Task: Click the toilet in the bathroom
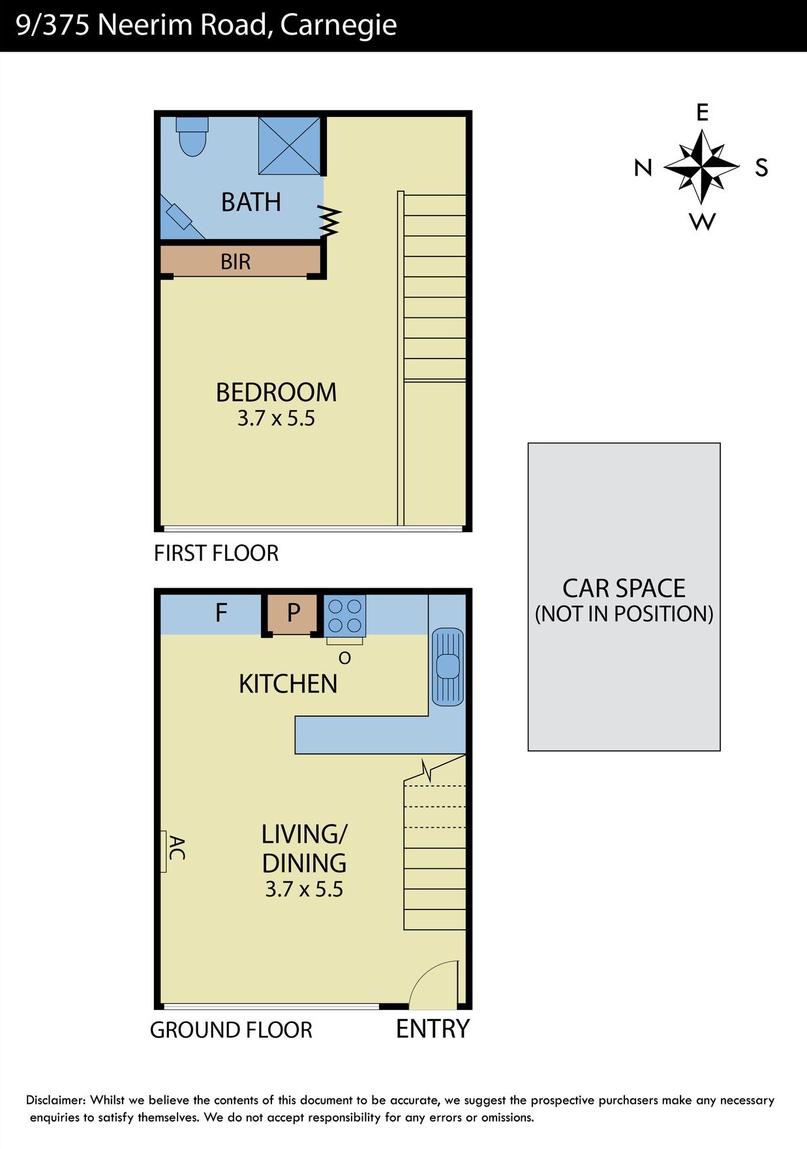[x=192, y=136]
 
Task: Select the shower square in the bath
[x=290, y=146]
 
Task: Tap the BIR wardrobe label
[x=236, y=262]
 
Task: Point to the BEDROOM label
[x=276, y=392]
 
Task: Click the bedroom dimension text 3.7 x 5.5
[x=276, y=418]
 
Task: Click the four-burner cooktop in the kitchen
[x=344, y=616]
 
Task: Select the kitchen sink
[x=448, y=667]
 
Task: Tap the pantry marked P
[x=292, y=614]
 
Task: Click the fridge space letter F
[x=221, y=613]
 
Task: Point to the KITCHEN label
[x=288, y=684]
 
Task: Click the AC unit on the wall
[x=164, y=851]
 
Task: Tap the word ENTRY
[x=433, y=1029]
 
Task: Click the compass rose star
[x=701, y=167]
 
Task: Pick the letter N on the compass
[x=643, y=168]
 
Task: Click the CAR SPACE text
[x=624, y=588]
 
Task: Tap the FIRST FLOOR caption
[x=216, y=554]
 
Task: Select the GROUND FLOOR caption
[x=231, y=1030]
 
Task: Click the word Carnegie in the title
[x=338, y=25]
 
